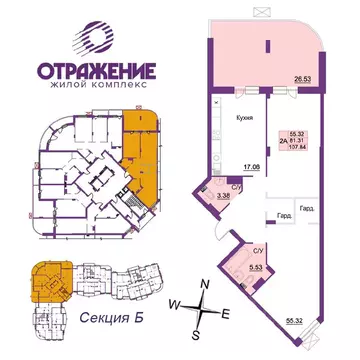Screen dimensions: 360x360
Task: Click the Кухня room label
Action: (x=244, y=117)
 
